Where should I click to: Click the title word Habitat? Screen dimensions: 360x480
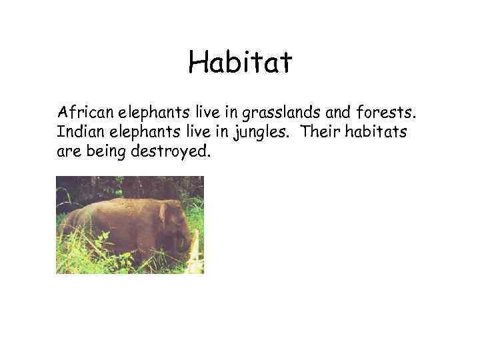pyautogui.click(x=240, y=63)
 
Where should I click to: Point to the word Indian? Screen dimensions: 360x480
pyautogui.click(x=77, y=131)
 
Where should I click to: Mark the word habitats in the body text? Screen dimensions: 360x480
pyautogui.click(x=377, y=131)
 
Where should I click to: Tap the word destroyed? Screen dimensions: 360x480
pyautogui.click(x=172, y=152)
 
